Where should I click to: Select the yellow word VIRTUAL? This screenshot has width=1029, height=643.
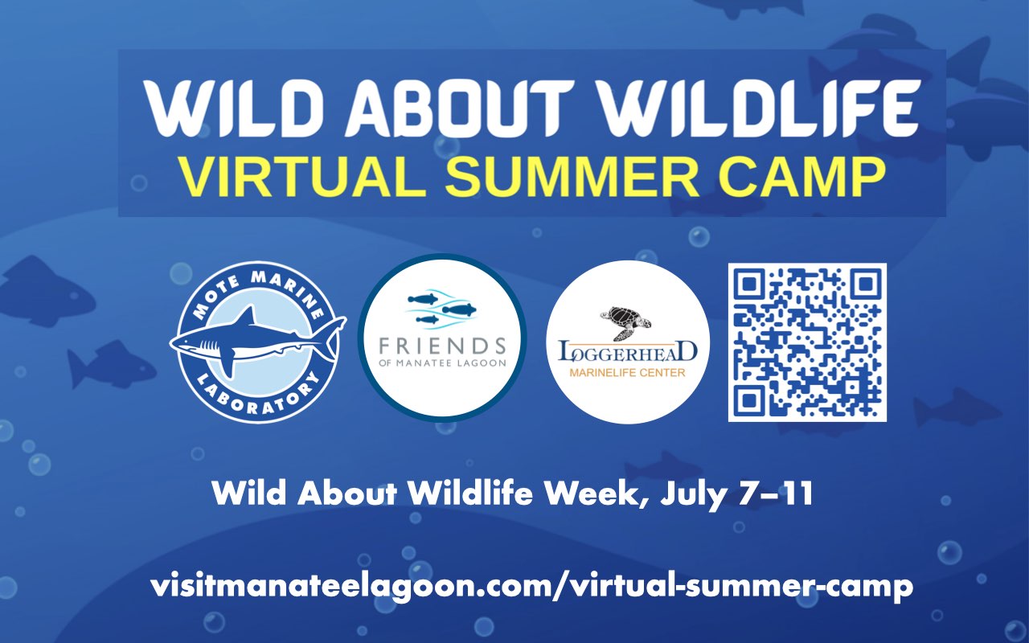tap(303, 178)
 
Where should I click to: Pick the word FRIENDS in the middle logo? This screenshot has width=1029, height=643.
tap(442, 346)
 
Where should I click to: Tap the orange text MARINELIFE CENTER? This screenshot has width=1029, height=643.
tap(627, 372)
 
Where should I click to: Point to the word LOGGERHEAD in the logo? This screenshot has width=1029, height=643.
tap(628, 351)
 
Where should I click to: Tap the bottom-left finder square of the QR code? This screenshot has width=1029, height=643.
tap(749, 401)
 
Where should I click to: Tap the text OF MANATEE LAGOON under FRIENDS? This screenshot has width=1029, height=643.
tap(442, 362)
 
